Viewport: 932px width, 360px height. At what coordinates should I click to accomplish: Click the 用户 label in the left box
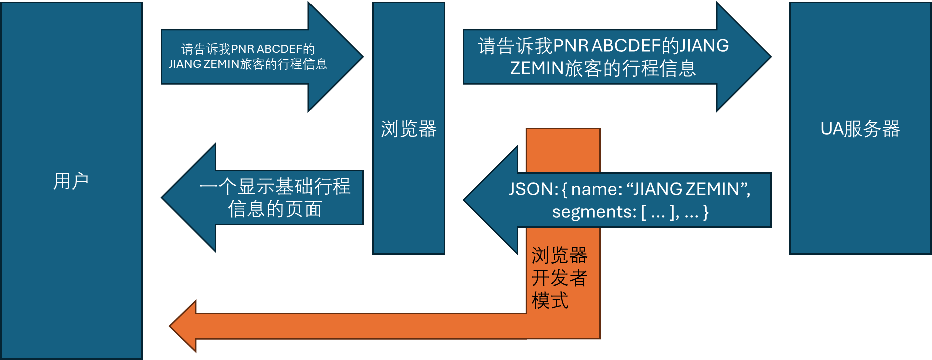pos(71,181)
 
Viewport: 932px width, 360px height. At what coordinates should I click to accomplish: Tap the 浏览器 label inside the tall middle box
pos(409,129)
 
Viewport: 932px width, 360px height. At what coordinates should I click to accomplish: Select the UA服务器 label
pos(860,129)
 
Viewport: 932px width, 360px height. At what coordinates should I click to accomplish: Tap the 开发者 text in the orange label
pos(560,278)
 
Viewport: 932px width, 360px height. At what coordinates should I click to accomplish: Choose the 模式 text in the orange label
pos(550,300)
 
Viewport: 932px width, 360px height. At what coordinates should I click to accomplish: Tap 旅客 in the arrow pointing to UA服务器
pos(583,68)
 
